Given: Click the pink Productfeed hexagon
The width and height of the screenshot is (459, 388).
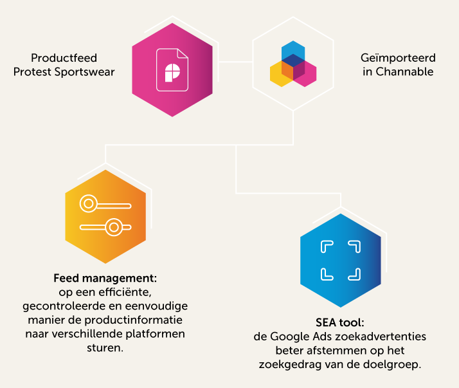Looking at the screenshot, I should [172, 71].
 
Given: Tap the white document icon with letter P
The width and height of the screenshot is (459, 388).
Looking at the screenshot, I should [172, 66].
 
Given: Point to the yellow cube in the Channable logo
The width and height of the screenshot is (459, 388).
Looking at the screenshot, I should [279, 74].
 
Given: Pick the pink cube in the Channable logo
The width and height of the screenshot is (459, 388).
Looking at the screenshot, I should [307, 74].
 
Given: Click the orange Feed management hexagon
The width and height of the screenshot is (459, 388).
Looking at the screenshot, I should [105, 216].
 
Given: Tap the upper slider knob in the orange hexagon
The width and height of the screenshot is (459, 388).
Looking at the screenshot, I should [88, 205].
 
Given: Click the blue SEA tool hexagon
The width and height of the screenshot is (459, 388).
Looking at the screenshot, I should [341, 259].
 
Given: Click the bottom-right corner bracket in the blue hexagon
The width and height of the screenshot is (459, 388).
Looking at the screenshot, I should [354, 274].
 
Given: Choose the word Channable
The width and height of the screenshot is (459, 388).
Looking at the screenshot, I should [404, 71].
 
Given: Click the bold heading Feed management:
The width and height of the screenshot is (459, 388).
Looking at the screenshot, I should [105, 279].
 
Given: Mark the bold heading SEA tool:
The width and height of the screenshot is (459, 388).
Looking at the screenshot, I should [341, 322].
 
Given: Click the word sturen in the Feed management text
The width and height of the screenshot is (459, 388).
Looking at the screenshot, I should [105, 347].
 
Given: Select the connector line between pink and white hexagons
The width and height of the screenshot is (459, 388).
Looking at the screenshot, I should [233, 62].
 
